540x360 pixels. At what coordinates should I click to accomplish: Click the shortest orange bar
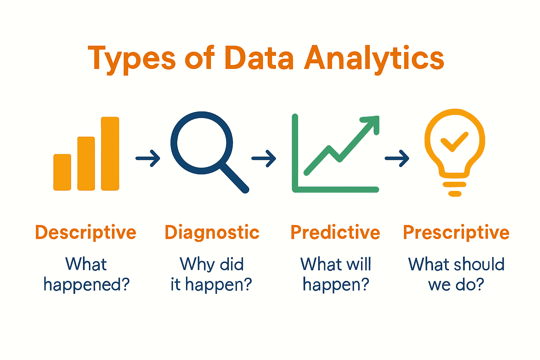(x=62, y=172)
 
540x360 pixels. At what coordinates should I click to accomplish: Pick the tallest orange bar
(x=110, y=154)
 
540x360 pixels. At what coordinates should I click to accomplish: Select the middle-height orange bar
(x=86, y=163)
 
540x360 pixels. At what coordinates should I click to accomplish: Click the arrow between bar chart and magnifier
(x=148, y=158)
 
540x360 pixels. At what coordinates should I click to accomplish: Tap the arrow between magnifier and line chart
(x=264, y=158)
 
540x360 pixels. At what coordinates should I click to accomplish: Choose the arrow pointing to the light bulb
(x=397, y=158)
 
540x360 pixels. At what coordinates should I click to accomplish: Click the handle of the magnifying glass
(x=235, y=178)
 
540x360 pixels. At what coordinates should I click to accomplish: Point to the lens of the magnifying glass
(x=201, y=142)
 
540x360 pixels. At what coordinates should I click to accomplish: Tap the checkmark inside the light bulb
(x=454, y=142)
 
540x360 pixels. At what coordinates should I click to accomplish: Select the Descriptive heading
(x=85, y=232)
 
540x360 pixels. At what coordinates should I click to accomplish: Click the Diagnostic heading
(x=212, y=232)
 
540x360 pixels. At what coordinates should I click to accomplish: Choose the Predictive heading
(x=335, y=232)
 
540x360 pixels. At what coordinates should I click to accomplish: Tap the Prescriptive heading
(x=456, y=232)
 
